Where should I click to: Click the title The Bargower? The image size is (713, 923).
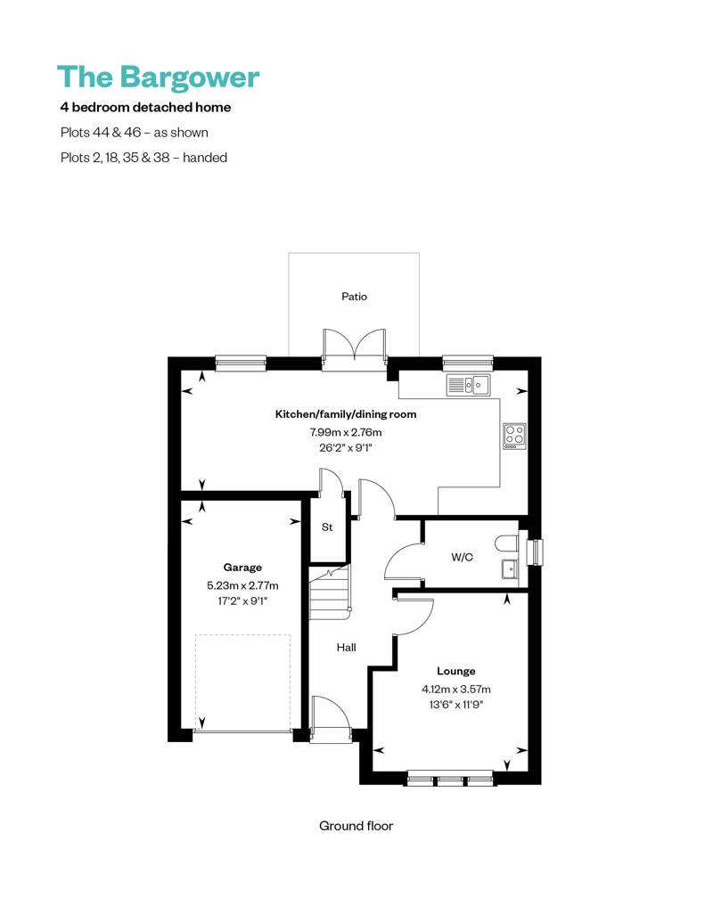pyautogui.click(x=158, y=77)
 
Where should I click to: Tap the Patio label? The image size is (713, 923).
pyautogui.click(x=354, y=297)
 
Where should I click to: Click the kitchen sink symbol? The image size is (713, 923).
pyautogui.click(x=468, y=385)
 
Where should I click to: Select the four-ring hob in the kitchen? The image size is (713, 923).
pyautogui.click(x=514, y=435)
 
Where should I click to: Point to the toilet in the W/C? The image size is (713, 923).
pyautogui.click(x=507, y=543)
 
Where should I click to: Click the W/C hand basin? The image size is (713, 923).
pyautogui.click(x=509, y=569)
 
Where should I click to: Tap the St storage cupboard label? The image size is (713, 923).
pyautogui.click(x=327, y=527)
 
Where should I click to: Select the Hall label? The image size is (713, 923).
pyautogui.click(x=347, y=648)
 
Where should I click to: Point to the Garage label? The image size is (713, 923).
pyautogui.click(x=242, y=567)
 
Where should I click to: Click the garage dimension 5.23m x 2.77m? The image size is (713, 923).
pyautogui.click(x=242, y=585)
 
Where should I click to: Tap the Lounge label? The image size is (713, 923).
pyautogui.click(x=455, y=671)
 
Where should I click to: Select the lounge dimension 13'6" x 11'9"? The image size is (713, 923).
pyautogui.click(x=456, y=705)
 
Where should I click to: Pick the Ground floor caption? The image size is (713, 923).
pyautogui.click(x=356, y=826)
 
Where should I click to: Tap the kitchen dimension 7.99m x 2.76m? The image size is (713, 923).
pyautogui.click(x=345, y=432)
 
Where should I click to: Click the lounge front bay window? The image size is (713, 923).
pyautogui.click(x=450, y=780)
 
